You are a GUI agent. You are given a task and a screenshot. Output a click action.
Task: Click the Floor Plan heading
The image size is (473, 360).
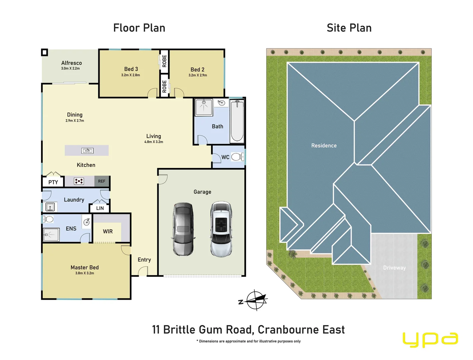[x=139, y=28]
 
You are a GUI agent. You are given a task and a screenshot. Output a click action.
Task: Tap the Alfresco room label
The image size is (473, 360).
[x=71, y=63]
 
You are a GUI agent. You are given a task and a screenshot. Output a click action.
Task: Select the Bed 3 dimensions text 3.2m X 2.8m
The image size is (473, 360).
[x=131, y=75]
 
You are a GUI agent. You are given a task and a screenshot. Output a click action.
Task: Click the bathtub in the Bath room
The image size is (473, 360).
[x=237, y=121]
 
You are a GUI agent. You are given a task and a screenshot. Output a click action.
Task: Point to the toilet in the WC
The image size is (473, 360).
[x=237, y=157]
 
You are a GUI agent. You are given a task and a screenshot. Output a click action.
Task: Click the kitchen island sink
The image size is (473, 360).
[x=87, y=151]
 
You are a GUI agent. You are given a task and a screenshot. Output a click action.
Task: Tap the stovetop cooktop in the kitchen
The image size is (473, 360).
[x=79, y=181]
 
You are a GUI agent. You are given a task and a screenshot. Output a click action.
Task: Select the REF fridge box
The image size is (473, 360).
[x=102, y=181]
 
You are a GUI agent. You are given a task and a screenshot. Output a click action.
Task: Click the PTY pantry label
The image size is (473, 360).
[x=53, y=182]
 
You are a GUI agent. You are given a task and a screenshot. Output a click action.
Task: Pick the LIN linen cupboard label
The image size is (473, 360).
[x=100, y=208]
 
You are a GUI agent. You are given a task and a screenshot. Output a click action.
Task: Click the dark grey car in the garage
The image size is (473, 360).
[x=183, y=229]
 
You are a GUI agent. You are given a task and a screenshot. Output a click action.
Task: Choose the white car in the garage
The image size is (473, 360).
[x=221, y=229]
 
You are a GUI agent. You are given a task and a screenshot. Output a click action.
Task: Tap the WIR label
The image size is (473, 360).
[x=108, y=231]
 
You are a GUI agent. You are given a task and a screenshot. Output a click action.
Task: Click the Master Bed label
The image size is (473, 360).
[x=85, y=267]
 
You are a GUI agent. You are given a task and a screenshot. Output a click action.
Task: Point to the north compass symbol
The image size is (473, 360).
[x=256, y=300]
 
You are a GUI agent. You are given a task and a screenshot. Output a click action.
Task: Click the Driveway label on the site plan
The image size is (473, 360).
[x=394, y=268]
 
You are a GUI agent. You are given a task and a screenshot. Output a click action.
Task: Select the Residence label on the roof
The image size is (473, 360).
[x=324, y=146]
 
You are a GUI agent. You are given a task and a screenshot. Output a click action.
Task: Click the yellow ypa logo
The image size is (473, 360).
[x=430, y=340]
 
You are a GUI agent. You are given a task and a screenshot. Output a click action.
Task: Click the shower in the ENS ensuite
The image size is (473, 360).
[x=51, y=235]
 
